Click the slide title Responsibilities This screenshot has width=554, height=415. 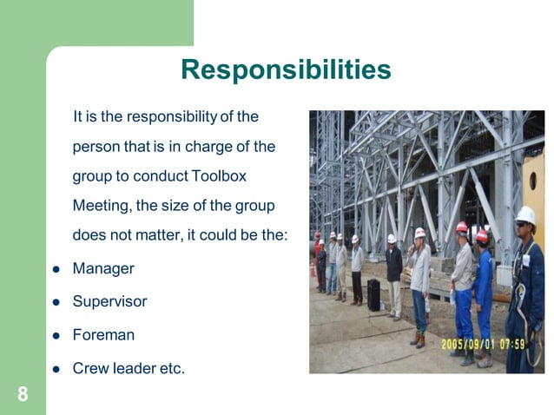tap(286, 69)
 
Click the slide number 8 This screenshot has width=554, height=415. tap(23, 395)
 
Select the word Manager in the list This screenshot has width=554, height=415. tap(103, 269)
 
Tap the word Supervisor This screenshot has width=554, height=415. tap(109, 302)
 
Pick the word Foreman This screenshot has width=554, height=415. tap(103, 335)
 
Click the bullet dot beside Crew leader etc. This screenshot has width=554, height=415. tap(55, 369)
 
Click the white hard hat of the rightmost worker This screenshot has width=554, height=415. tap(525, 214)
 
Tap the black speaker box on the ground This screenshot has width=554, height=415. tap(373, 295)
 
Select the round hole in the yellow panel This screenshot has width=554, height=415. tap(532, 181)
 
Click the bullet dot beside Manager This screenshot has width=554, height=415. tap(55, 270)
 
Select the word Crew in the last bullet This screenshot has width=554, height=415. tap(89, 368)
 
